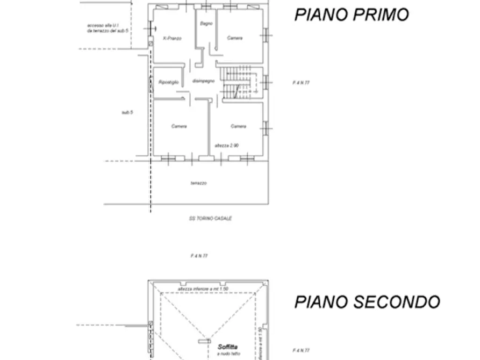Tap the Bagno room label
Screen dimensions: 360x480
tap(206, 24)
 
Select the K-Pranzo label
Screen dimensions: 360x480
tap(172, 38)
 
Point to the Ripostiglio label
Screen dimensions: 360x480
tap(168, 81)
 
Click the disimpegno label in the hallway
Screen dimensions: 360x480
tap(203, 81)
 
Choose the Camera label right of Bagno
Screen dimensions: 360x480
tap(234, 38)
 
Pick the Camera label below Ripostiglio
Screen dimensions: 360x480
tap(179, 126)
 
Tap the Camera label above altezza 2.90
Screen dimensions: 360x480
tap(238, 126)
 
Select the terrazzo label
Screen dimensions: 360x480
tap(198, 183)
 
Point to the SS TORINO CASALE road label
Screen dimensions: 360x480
tap(210, 219)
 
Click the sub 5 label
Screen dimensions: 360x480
tap(127, 112)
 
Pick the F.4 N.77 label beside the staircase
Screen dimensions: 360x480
tap(301, 83)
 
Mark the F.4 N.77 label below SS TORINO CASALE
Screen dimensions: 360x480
tap(199, 256)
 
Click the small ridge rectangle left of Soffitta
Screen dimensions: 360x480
tap(203, 341)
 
